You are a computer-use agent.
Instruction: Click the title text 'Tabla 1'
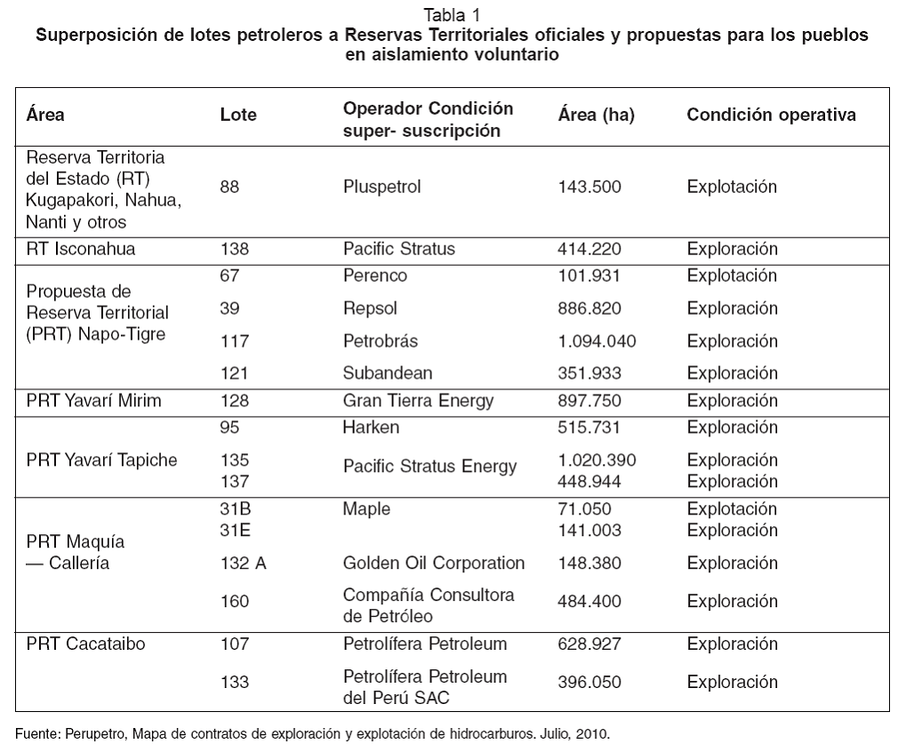click(x=452, y=15)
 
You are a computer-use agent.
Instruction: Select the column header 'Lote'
click(x=237, y=116)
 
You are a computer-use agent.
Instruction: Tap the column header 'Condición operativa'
click(x=771, y=116)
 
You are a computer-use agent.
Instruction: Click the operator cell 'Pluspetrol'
click(x=381, y=188)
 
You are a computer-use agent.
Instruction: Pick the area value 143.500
click(x=589, y=188)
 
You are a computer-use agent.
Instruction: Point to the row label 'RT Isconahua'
click(x=81, y=249)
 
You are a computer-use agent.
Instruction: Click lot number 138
click(x=234, y=249)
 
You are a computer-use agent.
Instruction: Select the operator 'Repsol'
click(x=370, y=308)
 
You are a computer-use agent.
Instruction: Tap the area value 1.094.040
click(x=597, y=341)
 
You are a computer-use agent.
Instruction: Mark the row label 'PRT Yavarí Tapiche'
click(x=101, y=460)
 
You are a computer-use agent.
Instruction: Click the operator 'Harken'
click(x=371, y=428)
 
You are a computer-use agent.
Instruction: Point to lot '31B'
click(x=235, y=509)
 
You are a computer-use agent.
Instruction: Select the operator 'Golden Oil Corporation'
click(x=434, y=564)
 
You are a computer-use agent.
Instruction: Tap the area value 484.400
click(x=589, y=602)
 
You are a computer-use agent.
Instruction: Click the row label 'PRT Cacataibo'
click(x=86, y=644)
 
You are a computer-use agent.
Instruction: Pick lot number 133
click(x=234, y=683)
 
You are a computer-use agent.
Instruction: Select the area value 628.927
click(x=589, y=644)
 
